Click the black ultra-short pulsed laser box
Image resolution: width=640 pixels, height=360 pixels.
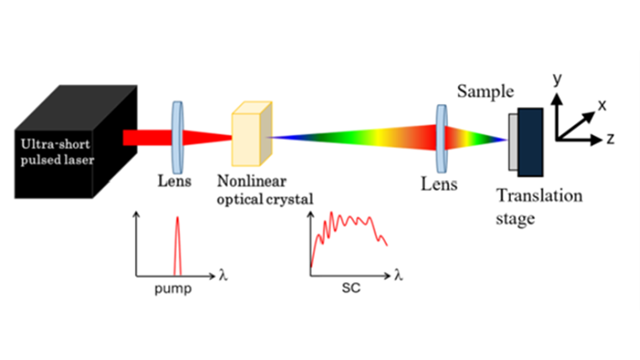point(69,146)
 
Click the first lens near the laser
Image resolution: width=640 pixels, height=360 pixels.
point(177,137)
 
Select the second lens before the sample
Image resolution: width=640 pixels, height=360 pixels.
point(442,139)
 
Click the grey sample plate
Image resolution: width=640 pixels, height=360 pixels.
point(512,143)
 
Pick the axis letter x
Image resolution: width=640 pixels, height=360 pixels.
point(603,105)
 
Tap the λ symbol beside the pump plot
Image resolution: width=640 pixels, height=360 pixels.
point(225,273)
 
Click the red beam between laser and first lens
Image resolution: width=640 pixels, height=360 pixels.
point(146,138)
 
